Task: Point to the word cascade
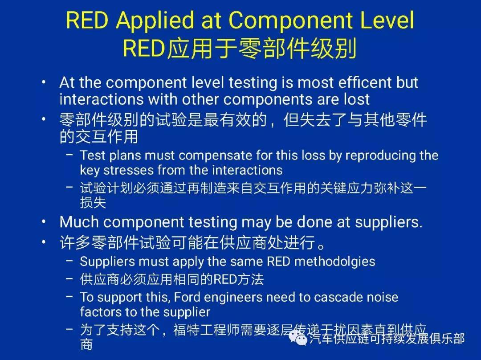pos(326,297)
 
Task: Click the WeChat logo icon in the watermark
pos(298,339)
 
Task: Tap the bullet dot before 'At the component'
pos(44,83)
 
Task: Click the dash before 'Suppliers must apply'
pos(69,261)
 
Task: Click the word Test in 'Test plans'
pos(92,155)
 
